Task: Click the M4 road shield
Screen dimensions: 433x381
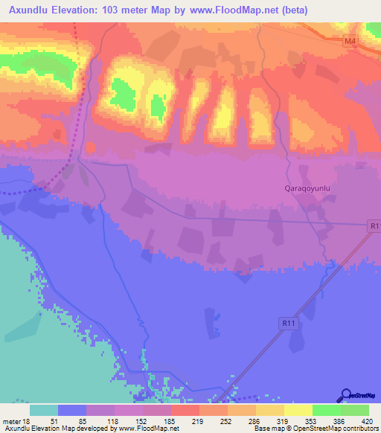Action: [350, 42]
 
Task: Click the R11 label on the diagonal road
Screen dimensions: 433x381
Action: [290, 323]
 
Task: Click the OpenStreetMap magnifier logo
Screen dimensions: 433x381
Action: [346, 396]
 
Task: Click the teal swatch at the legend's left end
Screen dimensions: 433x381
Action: [44, 410]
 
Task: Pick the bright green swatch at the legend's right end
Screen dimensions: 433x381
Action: [355, 410]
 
